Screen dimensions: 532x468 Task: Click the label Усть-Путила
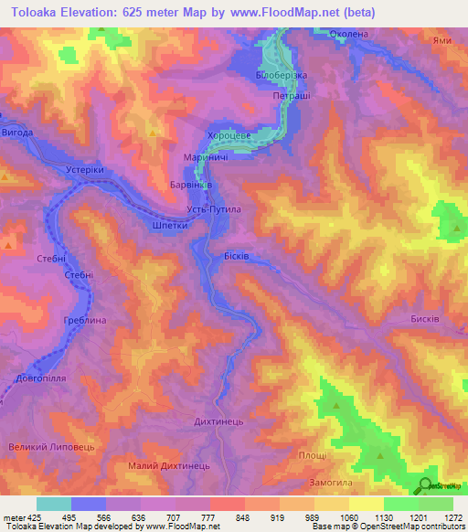click(x=214, y=209)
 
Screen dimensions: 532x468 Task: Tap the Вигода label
click(x=17, y=133)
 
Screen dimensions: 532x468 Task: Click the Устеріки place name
click(x=87, y=169)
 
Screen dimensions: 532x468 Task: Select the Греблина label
click(x=86, y=321)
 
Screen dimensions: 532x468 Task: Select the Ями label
click(x=442, y=40)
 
